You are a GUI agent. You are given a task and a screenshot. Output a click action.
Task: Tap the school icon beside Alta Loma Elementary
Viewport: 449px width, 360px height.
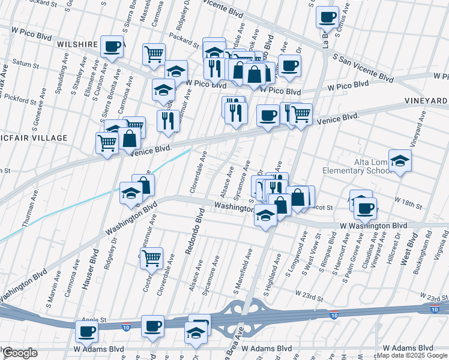pyautogui.click(x=400, y=160)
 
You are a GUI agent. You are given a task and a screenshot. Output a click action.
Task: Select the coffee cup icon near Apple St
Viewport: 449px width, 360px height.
pyautogui.click(x=86, y=331)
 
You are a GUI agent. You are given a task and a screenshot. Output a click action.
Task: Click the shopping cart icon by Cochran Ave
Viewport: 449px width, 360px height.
pyautogui.click(x=152, y=257)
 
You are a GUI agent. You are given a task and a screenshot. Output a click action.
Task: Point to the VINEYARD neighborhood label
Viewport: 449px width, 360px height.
pyautogui.click(x=427, y=100)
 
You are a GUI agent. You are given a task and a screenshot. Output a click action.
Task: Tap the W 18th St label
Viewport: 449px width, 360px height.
pyautogui.click(x=408, y=202)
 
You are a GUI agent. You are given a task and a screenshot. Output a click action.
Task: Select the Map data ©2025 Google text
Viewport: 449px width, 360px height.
pyautogui.click(x=412, y=355)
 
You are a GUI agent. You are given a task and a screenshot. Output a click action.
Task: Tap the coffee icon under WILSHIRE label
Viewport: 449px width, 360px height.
pyautogui.click(x=112, y=47)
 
